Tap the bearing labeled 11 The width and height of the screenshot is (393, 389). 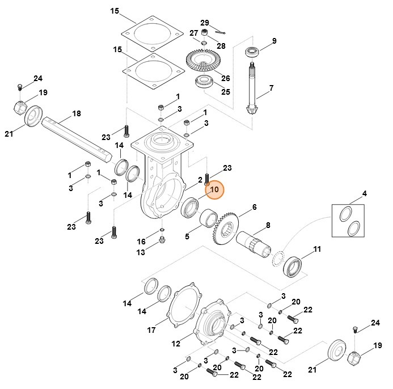(295, 265)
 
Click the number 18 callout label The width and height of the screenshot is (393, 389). (77, 114)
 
